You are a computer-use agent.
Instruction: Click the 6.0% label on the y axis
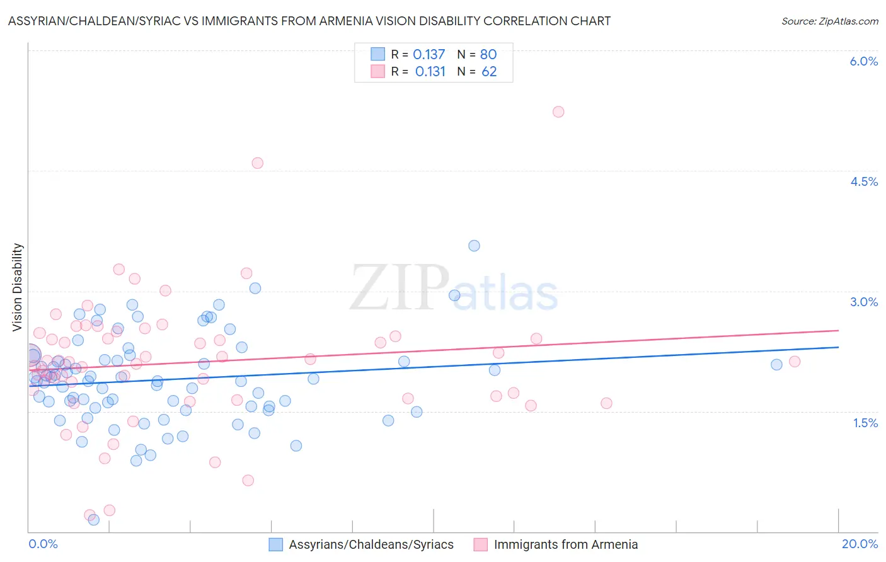(863, 61)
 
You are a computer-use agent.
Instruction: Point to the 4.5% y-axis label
(863, 181)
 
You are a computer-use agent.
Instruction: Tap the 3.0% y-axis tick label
(863, 302)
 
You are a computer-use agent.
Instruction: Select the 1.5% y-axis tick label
(865, 423)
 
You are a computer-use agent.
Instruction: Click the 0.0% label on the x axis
(43, 544)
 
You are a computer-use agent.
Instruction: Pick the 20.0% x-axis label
(860, 544)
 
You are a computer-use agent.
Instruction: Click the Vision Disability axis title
(18, 287)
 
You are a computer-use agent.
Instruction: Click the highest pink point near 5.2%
(558, 112)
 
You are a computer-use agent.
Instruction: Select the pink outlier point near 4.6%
(257, 163)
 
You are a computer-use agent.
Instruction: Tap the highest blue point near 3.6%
(474, 246)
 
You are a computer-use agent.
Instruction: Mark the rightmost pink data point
(795, 362)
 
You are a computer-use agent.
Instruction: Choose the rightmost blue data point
(776, 365)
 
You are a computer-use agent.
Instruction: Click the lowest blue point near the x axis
(94, 520)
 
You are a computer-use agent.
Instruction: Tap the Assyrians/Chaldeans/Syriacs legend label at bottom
(371, 544)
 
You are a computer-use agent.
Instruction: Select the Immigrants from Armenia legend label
(566, 544)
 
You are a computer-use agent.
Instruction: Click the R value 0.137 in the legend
(429, 55)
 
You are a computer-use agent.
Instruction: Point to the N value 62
(489, 72)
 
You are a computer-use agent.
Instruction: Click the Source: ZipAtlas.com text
(829, 21)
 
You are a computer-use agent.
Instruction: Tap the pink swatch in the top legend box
(377, 71)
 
